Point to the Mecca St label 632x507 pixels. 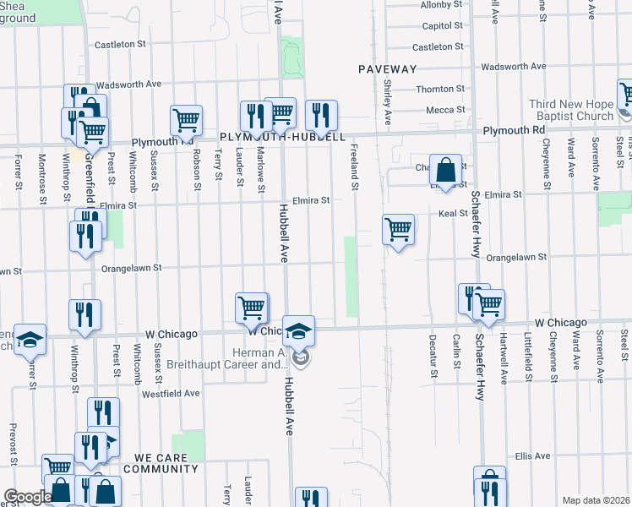click(x=440, y=110)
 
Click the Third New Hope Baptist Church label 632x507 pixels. click(x=570, y=110)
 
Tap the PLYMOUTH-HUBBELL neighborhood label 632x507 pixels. click(x=282, y=136)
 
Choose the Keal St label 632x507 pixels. click(x=453, y=214)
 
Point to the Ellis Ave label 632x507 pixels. click(x=532, y=455)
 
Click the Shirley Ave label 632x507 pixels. click(x=387, y=99)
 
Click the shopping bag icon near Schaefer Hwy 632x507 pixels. click(x=444, y=169)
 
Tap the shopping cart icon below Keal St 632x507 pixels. click(x=398, y=229)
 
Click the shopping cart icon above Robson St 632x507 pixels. click(x=186, y=120)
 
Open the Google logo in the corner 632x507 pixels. click(x=27, y=497)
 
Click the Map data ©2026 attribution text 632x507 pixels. click(x=596, y=500)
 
